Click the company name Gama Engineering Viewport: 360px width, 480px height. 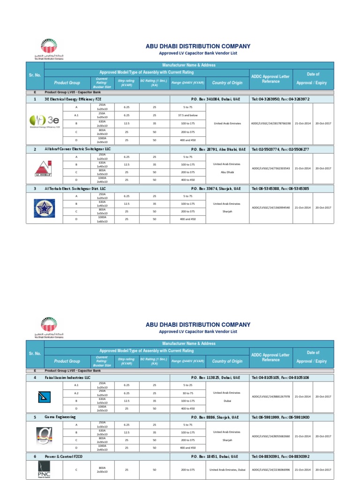(x=60, y=417)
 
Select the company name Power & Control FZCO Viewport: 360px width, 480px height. (x=64, y=456)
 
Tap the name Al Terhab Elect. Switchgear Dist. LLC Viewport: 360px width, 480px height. (x=75, y=188)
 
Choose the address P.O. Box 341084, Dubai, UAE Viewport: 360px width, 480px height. (x=216, y=99)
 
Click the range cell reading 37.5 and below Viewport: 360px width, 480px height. (x=187, y=115)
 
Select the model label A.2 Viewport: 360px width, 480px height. (x=76, y=393)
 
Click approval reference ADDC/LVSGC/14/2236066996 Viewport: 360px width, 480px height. (x=271, y=469)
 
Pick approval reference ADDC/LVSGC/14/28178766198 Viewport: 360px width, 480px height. (x=271, y=123)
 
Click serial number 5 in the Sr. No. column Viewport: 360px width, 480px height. (x=35, y=417)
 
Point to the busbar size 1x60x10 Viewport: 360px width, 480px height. (x=102, y=221)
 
